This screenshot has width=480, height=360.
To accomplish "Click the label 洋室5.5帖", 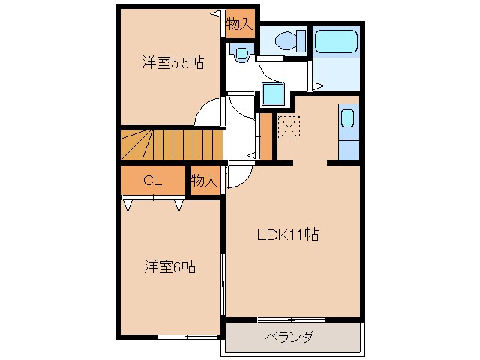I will [x=172, y=64].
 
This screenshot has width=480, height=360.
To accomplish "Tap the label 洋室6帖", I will [x=170, y=266].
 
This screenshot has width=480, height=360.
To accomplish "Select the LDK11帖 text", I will [x=289, y=235].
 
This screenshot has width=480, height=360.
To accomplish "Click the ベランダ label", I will [x=289, y=337].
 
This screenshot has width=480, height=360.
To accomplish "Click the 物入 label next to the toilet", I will [x=239, y=24].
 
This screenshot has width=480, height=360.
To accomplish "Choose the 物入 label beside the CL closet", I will [x=203, y=181].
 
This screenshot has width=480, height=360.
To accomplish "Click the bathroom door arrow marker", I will [x=318, y=87].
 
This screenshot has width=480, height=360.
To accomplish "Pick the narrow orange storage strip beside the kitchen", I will [x=264, y=136].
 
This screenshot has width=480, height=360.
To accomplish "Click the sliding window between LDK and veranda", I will [x=288, y=320].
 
